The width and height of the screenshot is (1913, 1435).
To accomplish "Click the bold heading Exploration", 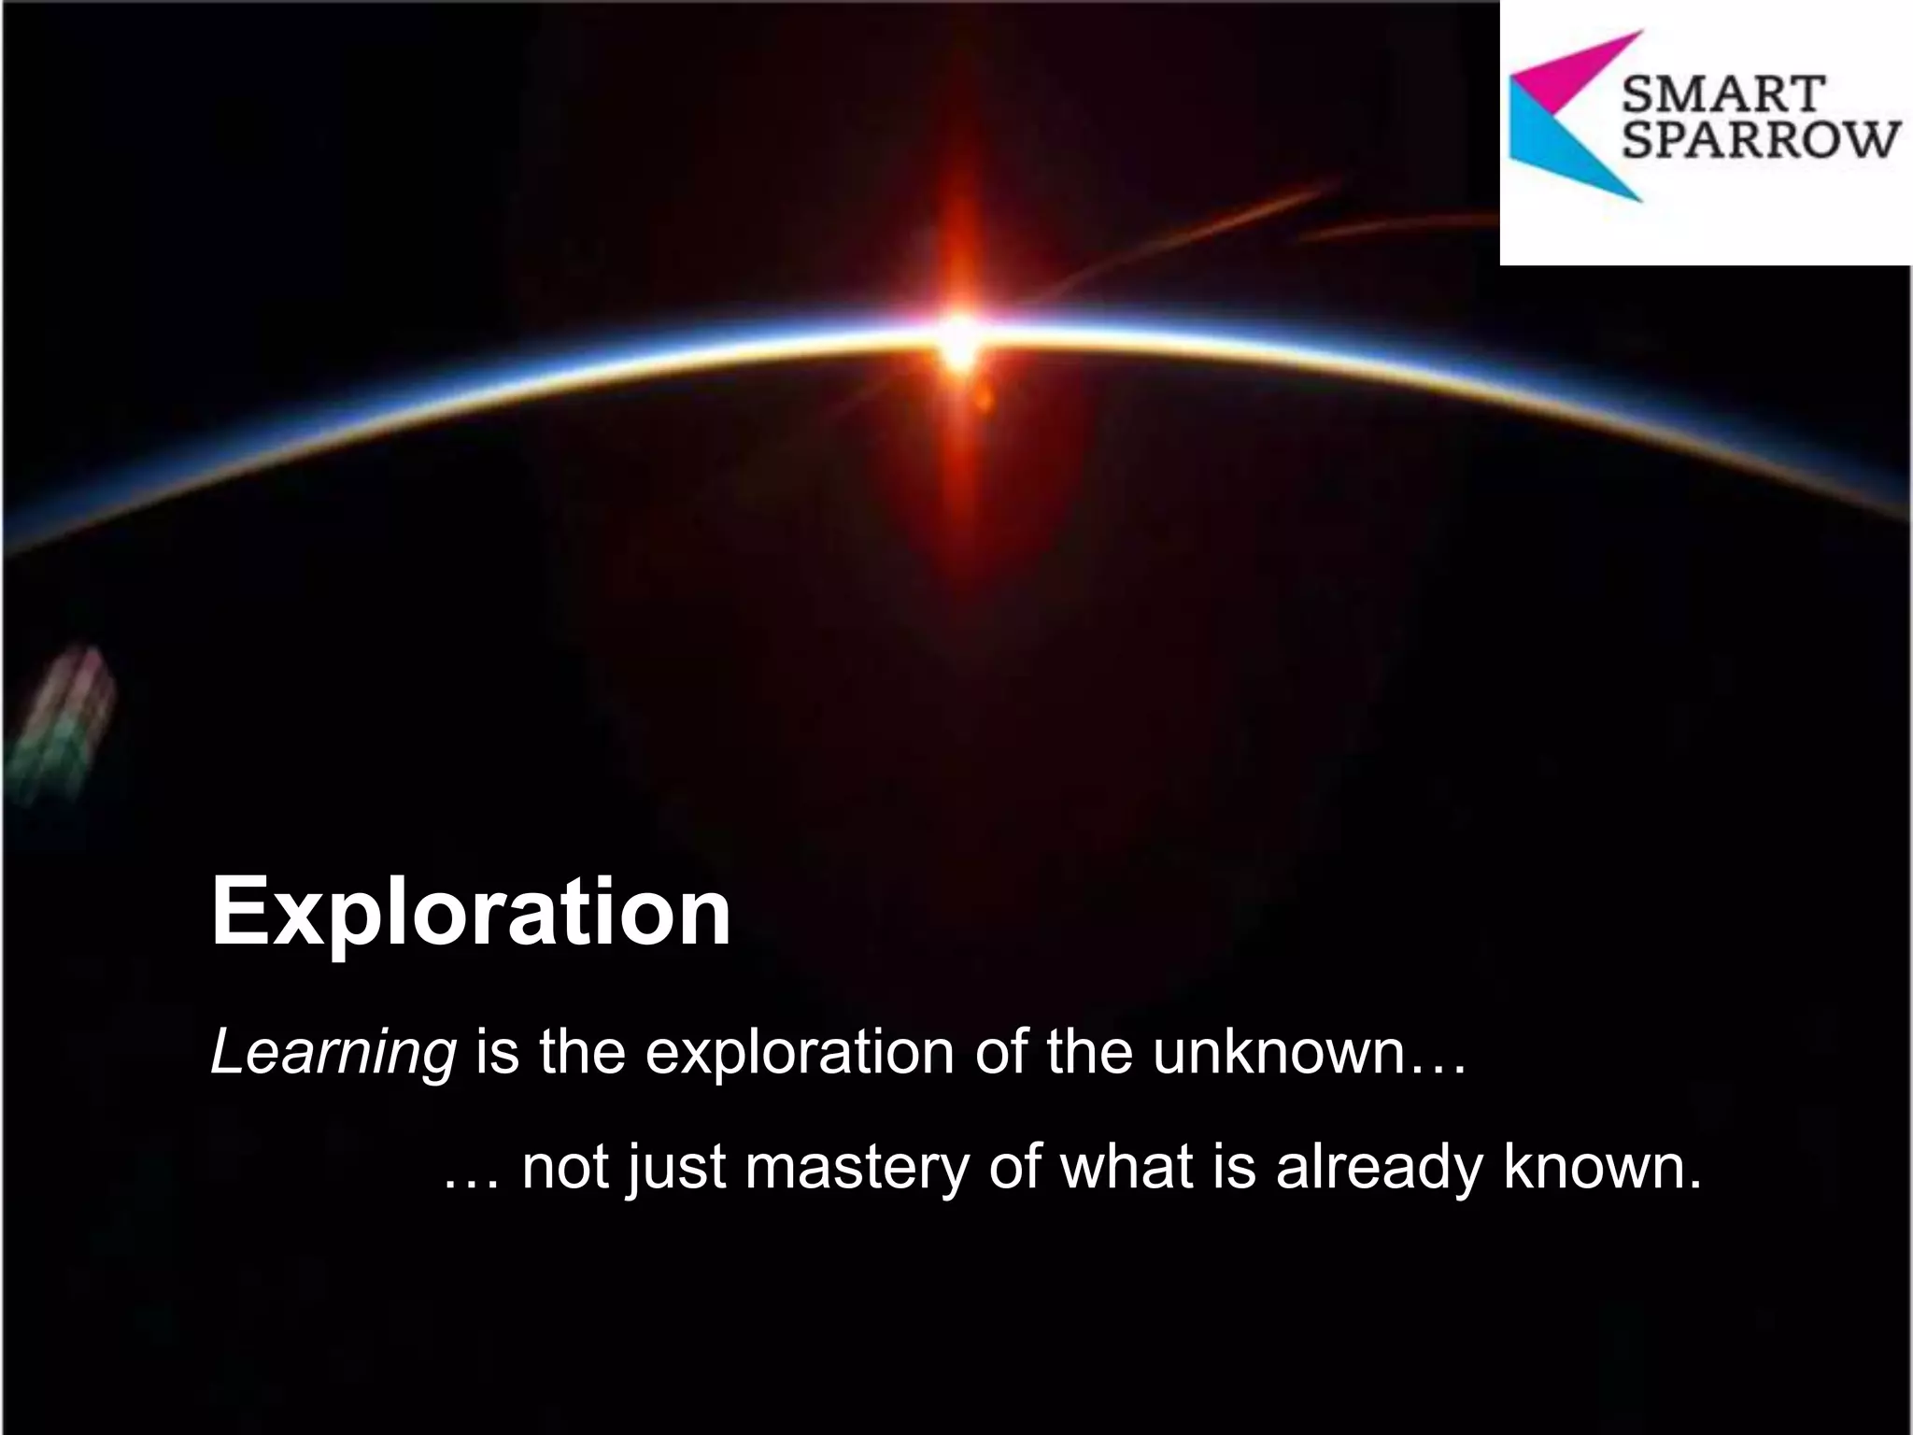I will [471, 911].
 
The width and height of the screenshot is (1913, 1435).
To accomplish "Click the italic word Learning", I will [333, 1054].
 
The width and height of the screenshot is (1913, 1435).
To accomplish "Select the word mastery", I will [857, 1168].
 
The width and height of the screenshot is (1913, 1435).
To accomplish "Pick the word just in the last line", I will [675, 1168].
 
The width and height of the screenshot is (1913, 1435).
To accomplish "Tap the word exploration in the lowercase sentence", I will [801, 1054].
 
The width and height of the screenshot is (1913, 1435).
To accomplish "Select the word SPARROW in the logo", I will [1762, 142].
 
